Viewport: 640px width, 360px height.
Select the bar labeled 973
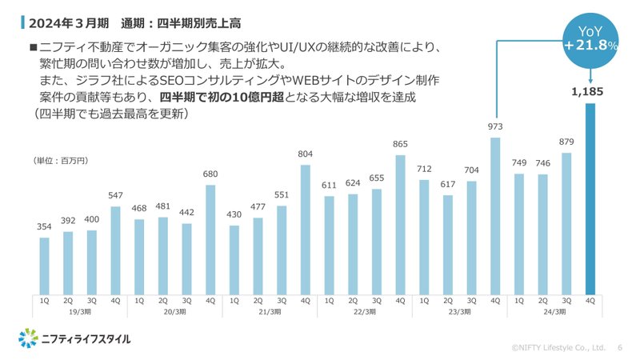pos(496,216)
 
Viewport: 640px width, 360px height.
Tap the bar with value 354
pos(44,266)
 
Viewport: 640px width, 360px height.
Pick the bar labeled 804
pos(305,230)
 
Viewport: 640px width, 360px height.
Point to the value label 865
pos(400,145)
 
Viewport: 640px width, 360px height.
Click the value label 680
pos(210,174)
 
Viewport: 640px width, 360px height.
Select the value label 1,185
pos(590,93)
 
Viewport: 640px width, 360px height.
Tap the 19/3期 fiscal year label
pos(79,312)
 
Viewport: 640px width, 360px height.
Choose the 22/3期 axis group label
pos(365,312)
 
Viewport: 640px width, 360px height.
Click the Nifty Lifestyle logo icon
pos(28,338)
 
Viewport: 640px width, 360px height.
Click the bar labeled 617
pos(448,245)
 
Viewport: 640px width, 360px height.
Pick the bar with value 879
pos(567,223)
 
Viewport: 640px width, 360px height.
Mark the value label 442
pos(186,212)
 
